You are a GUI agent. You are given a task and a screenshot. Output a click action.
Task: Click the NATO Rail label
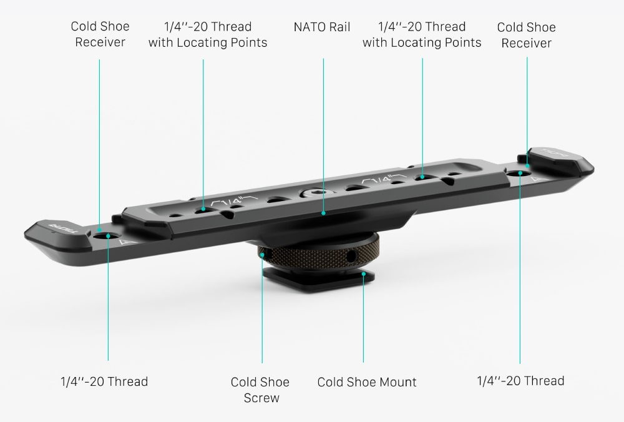point(322,27)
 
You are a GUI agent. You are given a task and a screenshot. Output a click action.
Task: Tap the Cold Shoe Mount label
point(367,382)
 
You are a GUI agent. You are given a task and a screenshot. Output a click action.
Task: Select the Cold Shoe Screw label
point(260,390)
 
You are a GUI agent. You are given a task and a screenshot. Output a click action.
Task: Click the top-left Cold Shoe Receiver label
point(100,34)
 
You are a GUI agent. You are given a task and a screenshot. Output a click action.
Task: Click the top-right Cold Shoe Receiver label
point(527,35)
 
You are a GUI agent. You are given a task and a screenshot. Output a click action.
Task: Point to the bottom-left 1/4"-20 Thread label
point(104,381)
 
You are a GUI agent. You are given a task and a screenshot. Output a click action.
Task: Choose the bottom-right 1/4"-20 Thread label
point(520,381)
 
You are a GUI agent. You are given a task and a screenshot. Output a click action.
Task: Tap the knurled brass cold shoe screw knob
point(318,254)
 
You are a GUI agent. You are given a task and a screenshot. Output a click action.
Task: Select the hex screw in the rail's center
point(311,194)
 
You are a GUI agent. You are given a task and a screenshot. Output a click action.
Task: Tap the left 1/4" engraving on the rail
point(234,201)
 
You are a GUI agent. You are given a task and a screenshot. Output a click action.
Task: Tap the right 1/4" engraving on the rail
point(384,179)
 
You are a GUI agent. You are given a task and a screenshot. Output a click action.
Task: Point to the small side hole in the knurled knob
point(351,257)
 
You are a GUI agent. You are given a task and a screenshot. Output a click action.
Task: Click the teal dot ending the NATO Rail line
point(323,213)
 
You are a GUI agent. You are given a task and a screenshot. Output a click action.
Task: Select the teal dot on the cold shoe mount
point(363,274)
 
